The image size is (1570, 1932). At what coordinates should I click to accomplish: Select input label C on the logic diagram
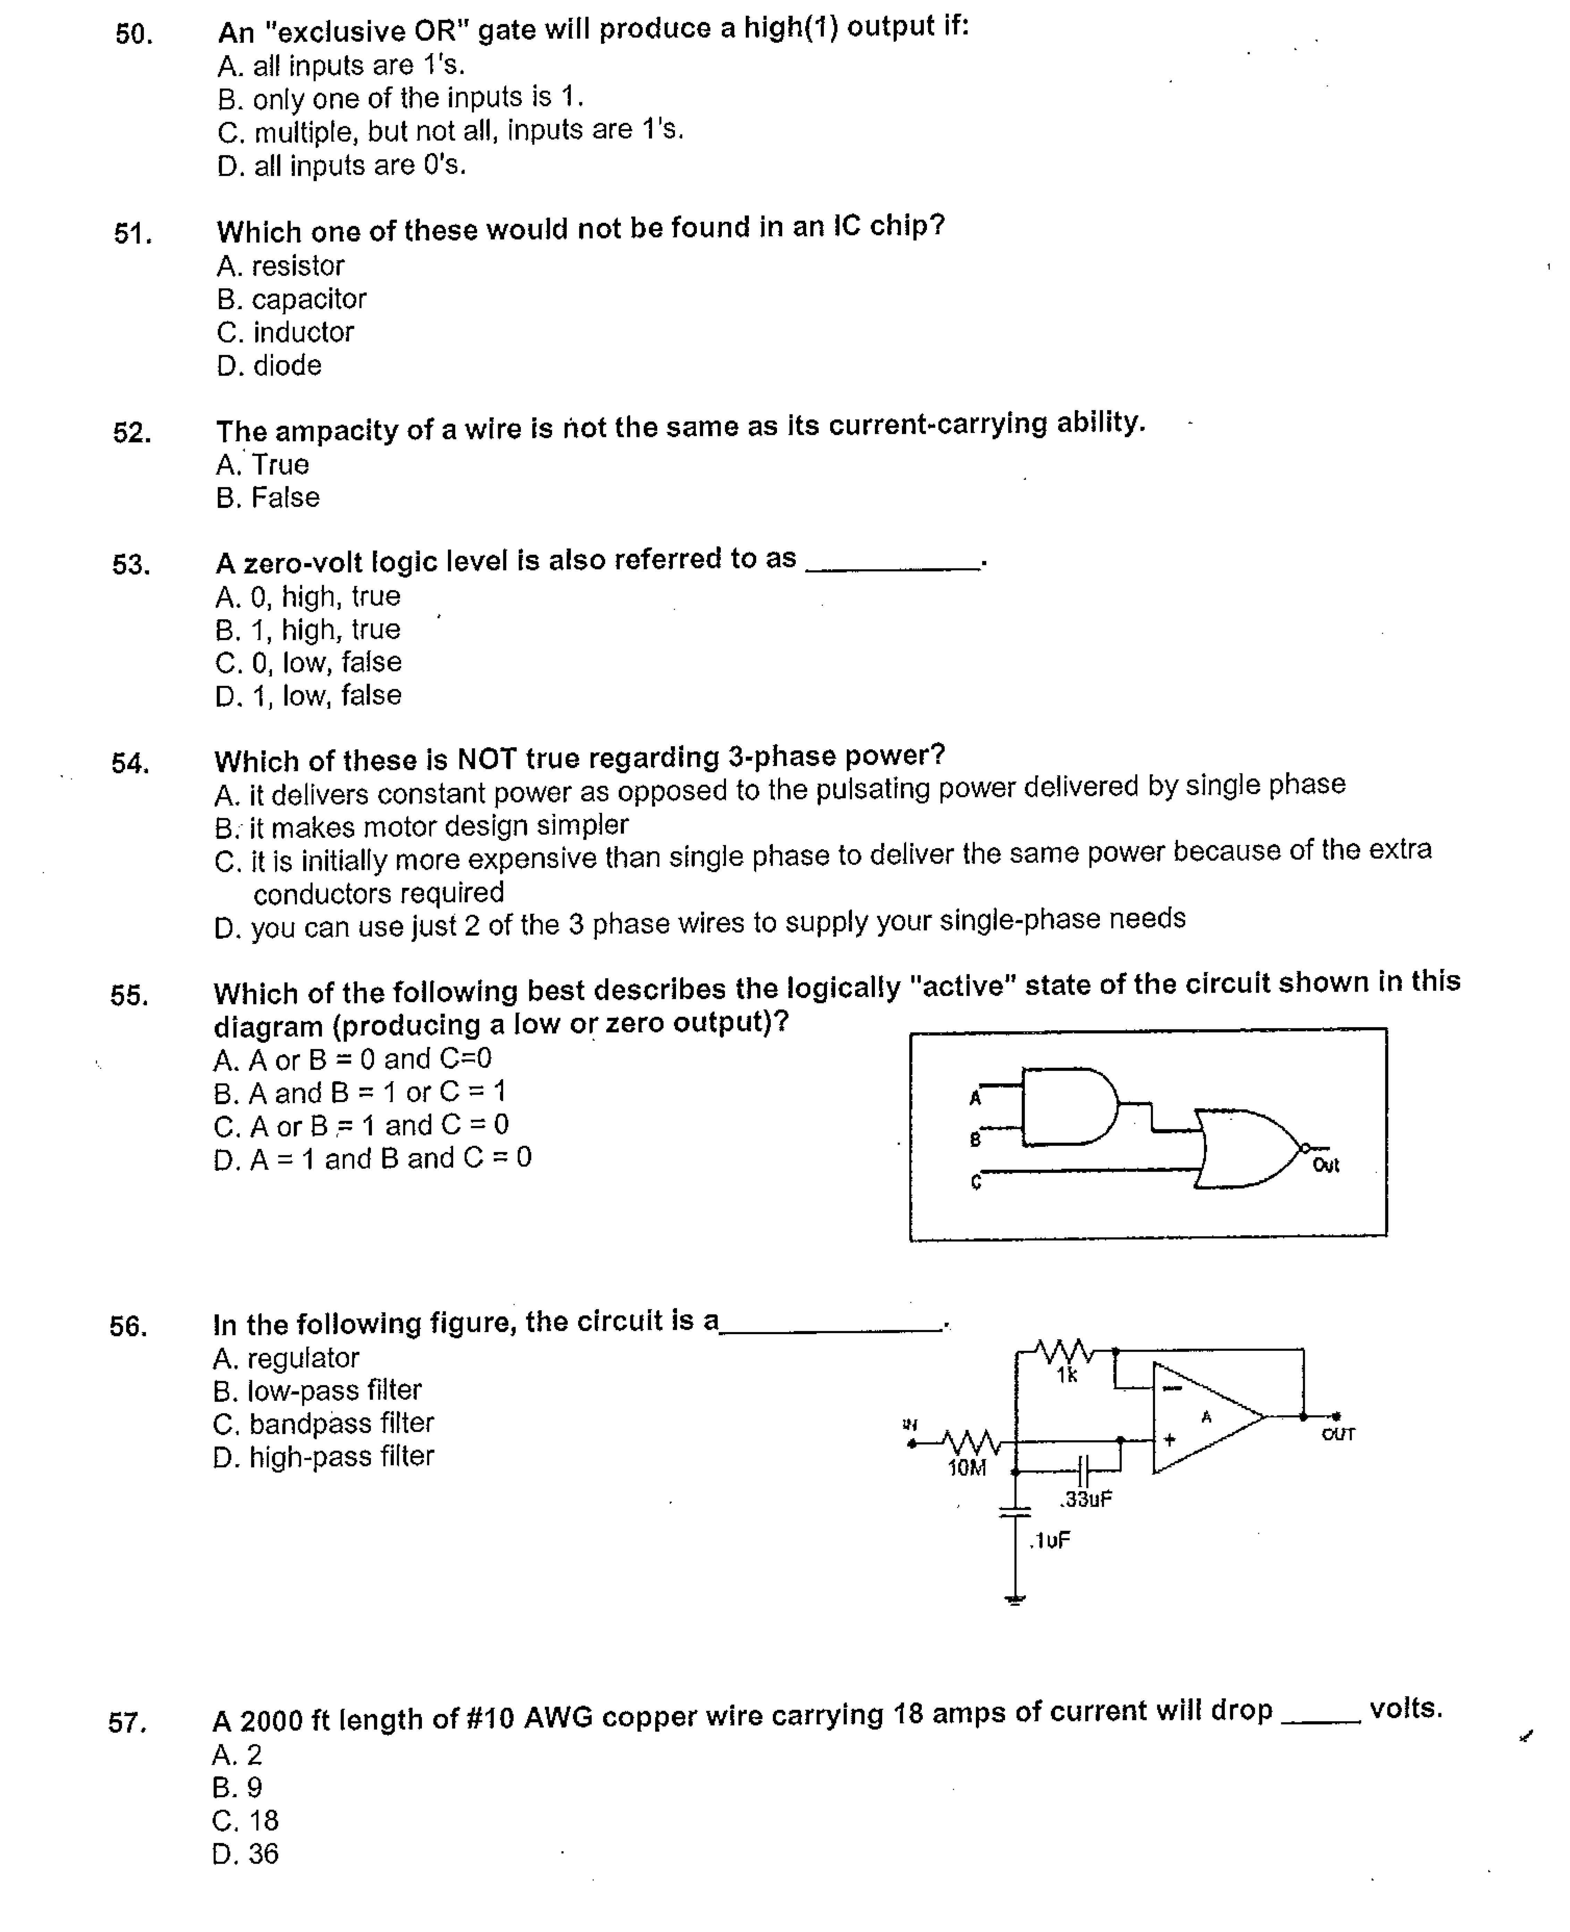[x=975, y=1182]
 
